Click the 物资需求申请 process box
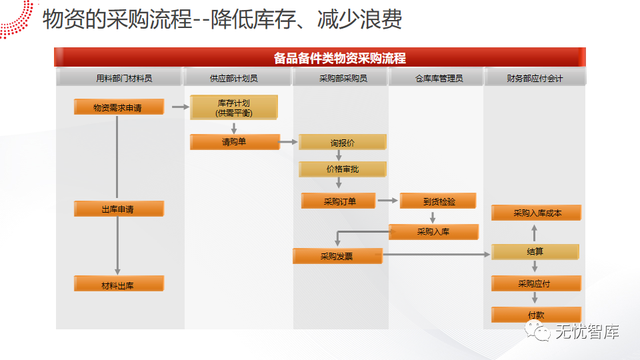click(119, 107)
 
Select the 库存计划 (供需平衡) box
click(233, 108)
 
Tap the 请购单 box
click(234, 141)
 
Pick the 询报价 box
click(342, 143)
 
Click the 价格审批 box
click(342, 169)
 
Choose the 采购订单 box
click(339, 201)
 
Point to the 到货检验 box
click(438, 201)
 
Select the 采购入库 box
click(433, 232)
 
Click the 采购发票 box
click(337, 256)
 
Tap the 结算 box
click(535, 252)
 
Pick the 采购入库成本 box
click(537, 213)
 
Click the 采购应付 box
click(534, 283)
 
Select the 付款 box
click(535, 315)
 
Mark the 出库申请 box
click(119, 209)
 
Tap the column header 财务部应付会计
click(535, 78)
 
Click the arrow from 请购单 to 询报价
click(289, 141)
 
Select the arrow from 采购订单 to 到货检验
click(387, 199)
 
